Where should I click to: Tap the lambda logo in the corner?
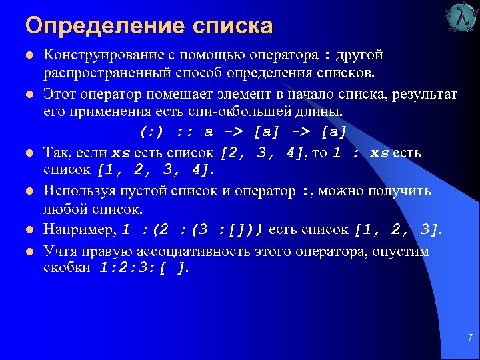pyautogui.click(x=461, y=18)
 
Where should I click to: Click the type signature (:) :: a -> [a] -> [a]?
pyautogui.click(x=243, y=129)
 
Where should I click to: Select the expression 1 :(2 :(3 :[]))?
pyautogui.click(x=194, y=230)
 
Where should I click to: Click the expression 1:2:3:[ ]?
pyautogui.click(x=144, y=268)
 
